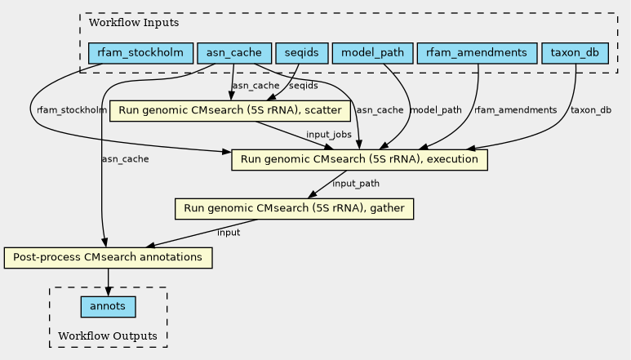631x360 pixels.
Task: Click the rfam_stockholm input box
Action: [140, 53]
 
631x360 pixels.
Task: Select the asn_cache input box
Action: [234, 53]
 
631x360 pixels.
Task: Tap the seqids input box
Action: [301, 53]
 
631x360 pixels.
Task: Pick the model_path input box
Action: [373, 53]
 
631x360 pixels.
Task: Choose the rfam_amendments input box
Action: [477, 53]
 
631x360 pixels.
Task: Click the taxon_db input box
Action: [575, 53]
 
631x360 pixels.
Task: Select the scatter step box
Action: [229, 111]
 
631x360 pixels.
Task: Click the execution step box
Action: [359, 160]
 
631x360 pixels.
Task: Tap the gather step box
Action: [294, 209]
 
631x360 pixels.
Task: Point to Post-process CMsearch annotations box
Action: [108, 258]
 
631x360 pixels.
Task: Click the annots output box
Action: [108, 307]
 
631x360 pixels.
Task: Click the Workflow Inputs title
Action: [134, 23]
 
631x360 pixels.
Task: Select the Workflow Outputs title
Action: [108, 336]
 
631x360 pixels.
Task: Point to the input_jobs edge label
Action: [329, 135]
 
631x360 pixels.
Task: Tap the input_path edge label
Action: [356, 184]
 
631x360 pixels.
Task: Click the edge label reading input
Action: [229, 233]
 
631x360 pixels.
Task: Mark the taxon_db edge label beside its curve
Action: [591, 110]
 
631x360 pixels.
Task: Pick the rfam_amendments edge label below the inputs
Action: [516, 110]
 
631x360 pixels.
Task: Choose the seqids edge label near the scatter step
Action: [304, 86]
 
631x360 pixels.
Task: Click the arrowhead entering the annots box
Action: [108, 291]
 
